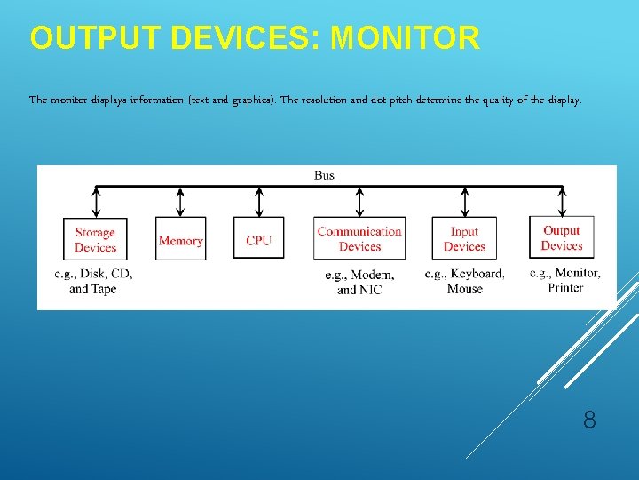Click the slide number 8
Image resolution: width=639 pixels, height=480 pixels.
[x=589, y=420]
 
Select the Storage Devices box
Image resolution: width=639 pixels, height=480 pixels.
[x=95, y=240]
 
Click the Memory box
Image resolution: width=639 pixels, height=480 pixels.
[x=180, y=240]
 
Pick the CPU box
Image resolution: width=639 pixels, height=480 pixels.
[x=258, y=240]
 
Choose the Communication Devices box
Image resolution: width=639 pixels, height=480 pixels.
[x=359, y=239]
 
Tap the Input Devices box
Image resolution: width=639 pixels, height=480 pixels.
[x=464, y=239]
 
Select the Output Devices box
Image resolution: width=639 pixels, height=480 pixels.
[x=561, y=238]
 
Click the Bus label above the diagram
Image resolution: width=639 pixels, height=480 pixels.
[x=324, y=175]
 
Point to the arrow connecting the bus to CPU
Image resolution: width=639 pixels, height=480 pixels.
[x=258, y=202]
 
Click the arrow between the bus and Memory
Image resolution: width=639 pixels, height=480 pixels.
[x=180, y=202]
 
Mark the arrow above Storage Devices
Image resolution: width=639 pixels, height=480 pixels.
[x=95, y=202]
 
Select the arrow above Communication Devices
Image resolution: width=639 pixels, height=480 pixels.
[x=359, y=202]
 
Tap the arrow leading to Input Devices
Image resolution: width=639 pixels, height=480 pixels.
[x=464, y=202]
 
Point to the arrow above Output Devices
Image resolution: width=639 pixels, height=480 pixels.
[x=561, y=202]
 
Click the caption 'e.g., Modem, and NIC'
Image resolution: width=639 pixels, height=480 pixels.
[x=359, y=282]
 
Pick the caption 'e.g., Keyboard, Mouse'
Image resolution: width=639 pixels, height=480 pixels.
[x=464, y=281]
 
